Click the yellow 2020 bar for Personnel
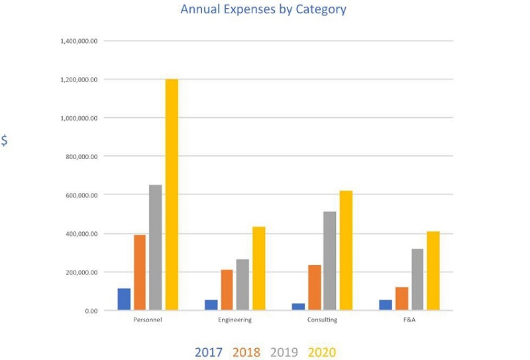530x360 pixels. (x=172, y=194)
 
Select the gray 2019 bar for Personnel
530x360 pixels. (x=156, y=247)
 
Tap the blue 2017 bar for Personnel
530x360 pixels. (x=124, y=299)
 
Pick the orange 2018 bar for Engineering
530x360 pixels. (x=227, y=290)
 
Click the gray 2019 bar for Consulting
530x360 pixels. (x=329, y=261)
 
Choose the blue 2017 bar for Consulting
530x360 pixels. (x=297, y=306)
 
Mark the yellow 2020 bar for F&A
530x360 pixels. (x=433, y=270)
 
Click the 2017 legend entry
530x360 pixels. (x=209, y=352)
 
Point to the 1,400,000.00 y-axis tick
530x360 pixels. (x=79, y=41)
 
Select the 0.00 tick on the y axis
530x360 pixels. (x=90, y=310)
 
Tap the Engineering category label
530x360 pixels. (x=235, y=320)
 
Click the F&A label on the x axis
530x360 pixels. (x=409, y=320)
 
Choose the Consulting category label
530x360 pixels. (x=322, y=320)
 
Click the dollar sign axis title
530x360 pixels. (x=5, y=141)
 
